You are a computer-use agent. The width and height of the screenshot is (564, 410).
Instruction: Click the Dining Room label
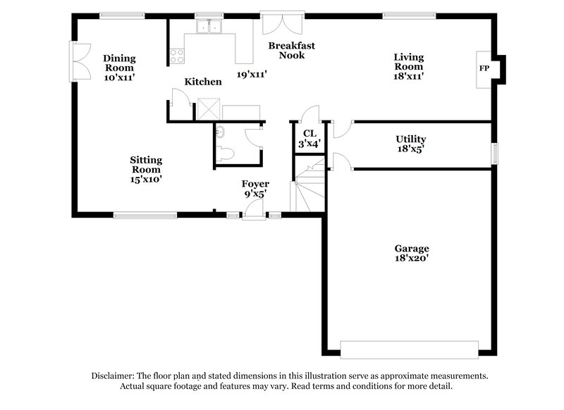point(119,68)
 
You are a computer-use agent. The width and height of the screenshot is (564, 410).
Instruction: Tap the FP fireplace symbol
point(484,68)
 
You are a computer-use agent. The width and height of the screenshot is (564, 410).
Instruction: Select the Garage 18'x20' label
point(412,254)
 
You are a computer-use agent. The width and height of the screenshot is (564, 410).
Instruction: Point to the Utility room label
point(410,144)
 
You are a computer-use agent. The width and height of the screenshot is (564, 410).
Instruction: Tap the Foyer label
point(255,189)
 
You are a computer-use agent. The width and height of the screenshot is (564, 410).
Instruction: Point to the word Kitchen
point(203,82)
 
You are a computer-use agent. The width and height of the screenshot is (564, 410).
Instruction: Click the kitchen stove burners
point(176,55)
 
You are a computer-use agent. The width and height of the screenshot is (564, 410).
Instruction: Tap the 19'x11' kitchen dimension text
point(251,74)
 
